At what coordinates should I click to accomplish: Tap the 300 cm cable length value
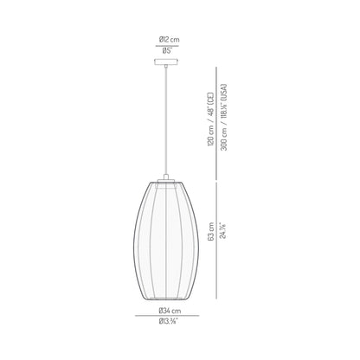(x=222, y=153)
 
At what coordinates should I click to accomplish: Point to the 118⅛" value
(x=222, y=117)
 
